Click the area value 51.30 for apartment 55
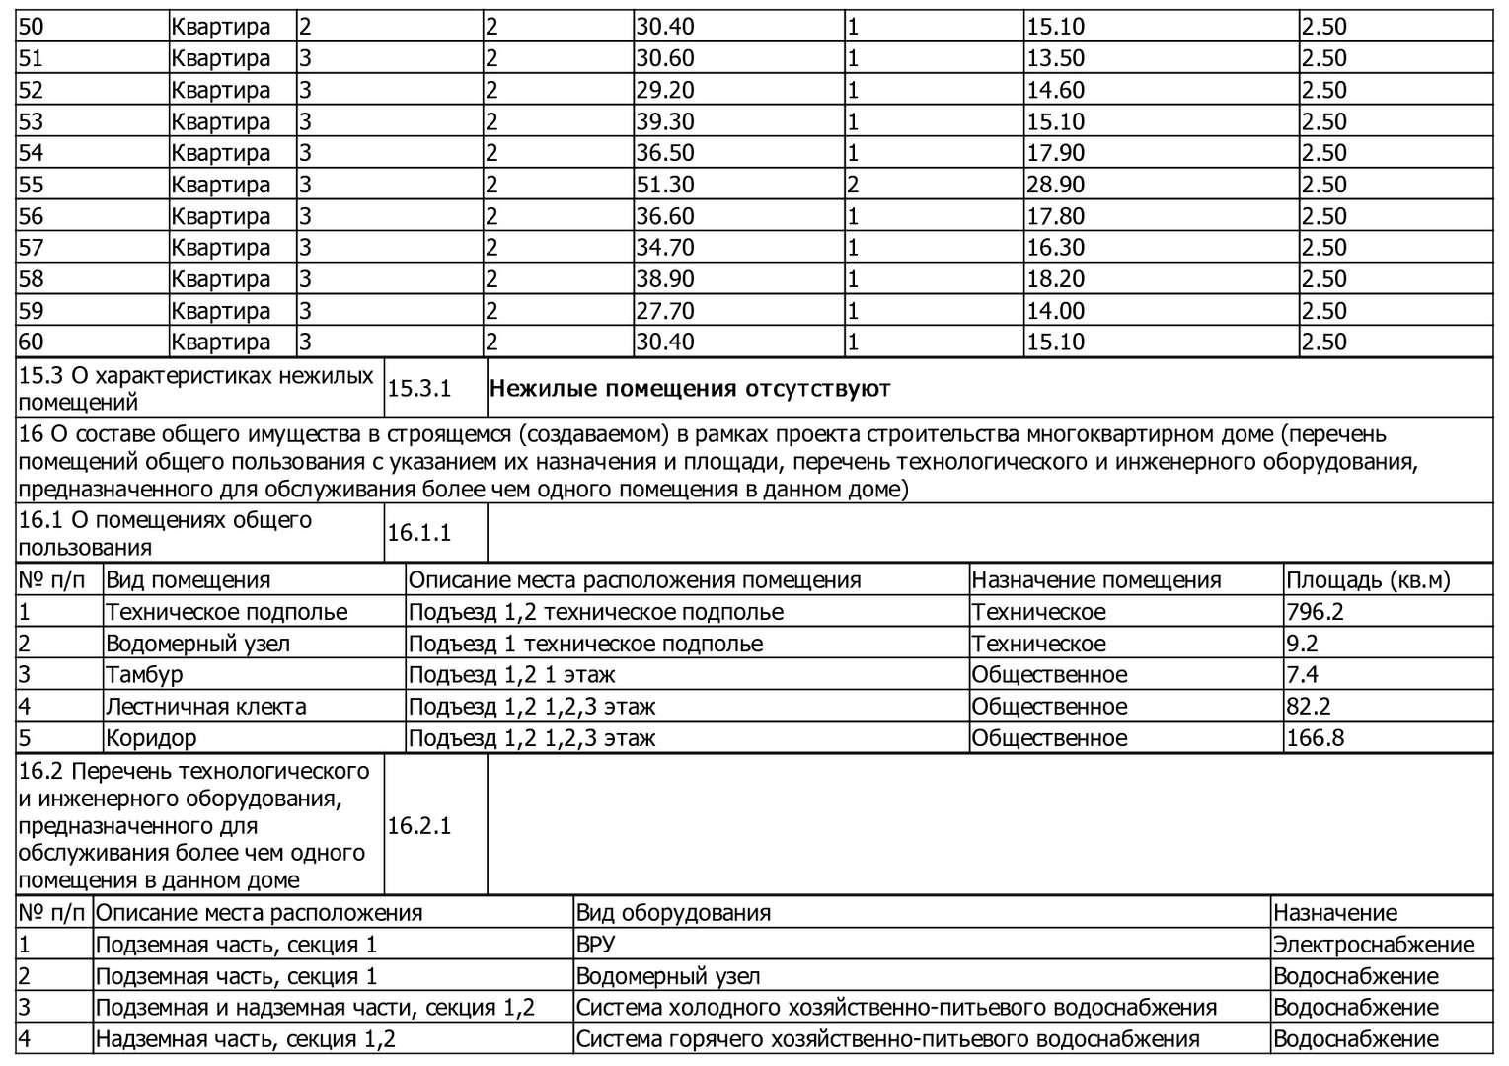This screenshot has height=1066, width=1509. [x=665, y=185]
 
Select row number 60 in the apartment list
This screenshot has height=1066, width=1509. [x=32, y=343]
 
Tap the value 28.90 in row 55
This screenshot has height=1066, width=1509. [x=1055, y=185]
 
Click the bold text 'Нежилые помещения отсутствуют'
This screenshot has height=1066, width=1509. [x=689, y=389]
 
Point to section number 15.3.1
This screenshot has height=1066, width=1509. [x=418, y=389]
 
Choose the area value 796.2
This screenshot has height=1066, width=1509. [x=1315, y=612]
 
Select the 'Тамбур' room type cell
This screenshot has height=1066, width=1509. [x=144, y=675]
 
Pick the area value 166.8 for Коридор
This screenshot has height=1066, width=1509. [x=1315, y=738]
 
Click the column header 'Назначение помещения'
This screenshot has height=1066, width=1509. [x=1095, y=580]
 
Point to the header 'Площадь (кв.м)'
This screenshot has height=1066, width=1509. [x=1368, y=580]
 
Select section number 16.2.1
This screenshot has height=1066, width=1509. [x=418, y=826]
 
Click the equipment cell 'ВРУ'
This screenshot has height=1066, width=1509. [x=595, y=945]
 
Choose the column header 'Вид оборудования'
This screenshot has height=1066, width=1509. [x=673, y=913]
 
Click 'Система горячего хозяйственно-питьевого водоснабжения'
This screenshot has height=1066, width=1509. [x=887, y=1039]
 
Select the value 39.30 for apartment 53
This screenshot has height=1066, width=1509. [x=665, y=121]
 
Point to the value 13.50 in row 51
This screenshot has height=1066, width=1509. [x=1055, y=58]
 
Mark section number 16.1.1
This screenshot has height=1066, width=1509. [x=418, y=534]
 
